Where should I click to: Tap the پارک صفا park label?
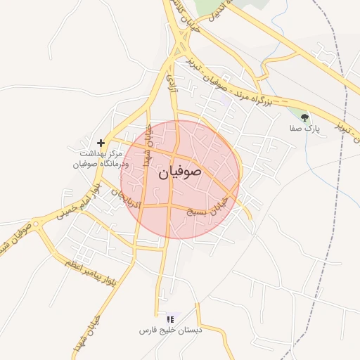coord(304,130)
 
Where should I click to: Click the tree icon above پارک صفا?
coord(304,118)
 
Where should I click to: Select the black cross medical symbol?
coord(101,142)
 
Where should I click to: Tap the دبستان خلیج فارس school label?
coord(170,329)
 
